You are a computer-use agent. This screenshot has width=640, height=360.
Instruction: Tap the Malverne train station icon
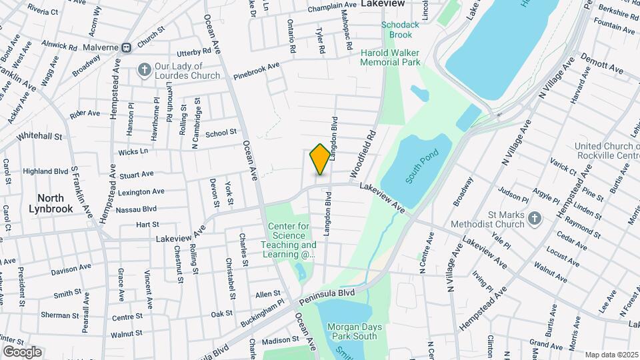tap(125, 47)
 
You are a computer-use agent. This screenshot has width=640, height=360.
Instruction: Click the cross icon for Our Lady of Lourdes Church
tap(144, 69)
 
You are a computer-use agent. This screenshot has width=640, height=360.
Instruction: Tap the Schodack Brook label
tap(397, 29)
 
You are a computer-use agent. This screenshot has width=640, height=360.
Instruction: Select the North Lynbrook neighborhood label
tap(51, 203)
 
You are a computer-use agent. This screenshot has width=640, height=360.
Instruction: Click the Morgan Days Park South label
tap(353, 331)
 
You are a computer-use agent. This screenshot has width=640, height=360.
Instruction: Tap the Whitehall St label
tap(39, 136)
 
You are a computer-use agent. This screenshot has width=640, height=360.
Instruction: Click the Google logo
tap(22, 352)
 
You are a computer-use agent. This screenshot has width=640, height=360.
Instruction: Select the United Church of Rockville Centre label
tap(607, 151)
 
